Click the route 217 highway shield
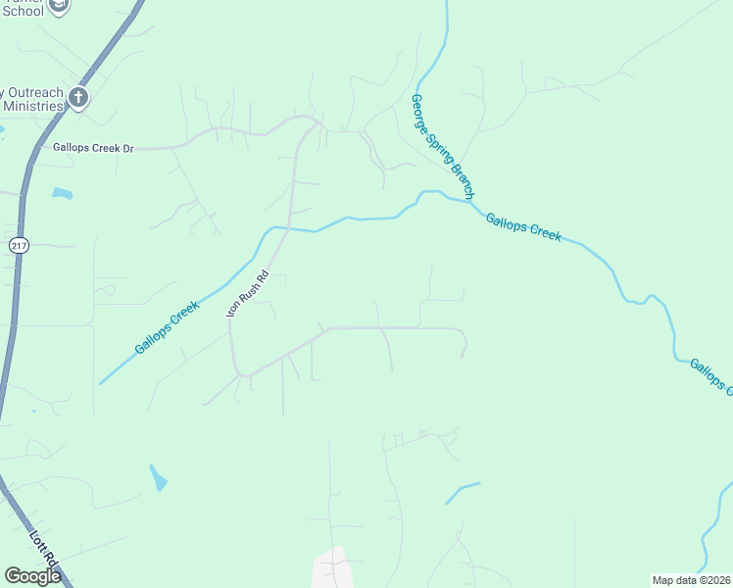(x=19, y=245)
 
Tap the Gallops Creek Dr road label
(x=93, y=148)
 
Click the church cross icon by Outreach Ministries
(x=79, y=97)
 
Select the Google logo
(x=32, y=576)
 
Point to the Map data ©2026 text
(x=691, y=579)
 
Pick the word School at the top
(x=24, y=10)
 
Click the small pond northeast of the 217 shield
(x=62, y=193)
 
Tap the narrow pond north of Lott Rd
(x=158, y=477)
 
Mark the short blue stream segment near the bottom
(x=463, y=492)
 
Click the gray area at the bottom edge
(x=332, y=568)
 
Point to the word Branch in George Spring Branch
(x=462, y=179)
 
